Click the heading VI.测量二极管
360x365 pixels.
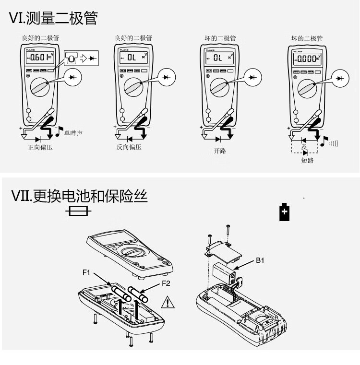[53, 18]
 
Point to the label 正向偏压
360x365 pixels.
[40, 148]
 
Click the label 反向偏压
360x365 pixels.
[129, 148]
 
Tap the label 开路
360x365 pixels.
[220, 151]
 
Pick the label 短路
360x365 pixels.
[307, 161]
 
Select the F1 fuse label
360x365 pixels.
[86, 272]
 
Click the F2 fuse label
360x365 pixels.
[166, 283]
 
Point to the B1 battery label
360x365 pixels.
[260, 260]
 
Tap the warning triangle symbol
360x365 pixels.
[168, 302]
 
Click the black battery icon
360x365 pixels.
[285, 212]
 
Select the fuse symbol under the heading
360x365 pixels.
[78, 211]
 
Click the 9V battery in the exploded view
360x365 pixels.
[225, 272]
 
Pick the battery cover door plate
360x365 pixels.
[222, 250]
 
